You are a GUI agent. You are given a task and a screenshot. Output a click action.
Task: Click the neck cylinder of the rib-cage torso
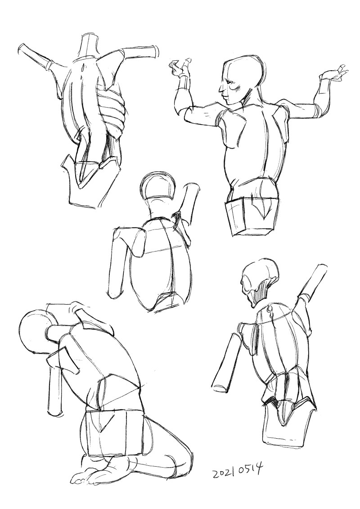pyautogui.click(x=89, y=46)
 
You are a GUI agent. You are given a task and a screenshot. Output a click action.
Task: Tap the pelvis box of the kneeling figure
pyautogui.click(x=115, y=432)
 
